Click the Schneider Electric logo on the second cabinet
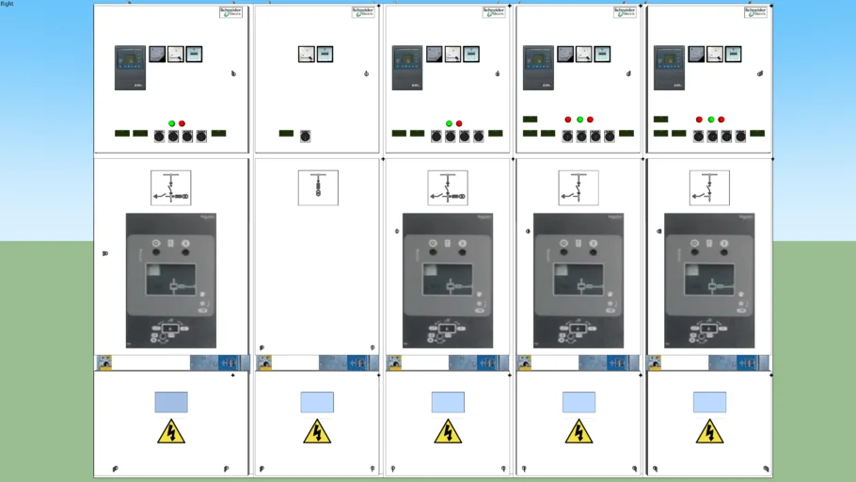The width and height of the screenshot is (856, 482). point(362,12)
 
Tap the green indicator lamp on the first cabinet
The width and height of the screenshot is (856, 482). point(171,123)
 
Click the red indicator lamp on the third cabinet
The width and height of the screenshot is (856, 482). point(459,123)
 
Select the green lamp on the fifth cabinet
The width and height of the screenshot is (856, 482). point(710,120)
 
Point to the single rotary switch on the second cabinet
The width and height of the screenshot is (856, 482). point(305,137)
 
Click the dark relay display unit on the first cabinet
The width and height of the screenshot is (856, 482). point(130,68)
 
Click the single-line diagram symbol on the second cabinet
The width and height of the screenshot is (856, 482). point(318,187)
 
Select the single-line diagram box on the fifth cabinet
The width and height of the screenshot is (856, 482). point(709,187)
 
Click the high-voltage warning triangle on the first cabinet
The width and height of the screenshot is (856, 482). point(171,432)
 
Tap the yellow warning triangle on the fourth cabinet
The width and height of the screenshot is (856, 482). point(579,432)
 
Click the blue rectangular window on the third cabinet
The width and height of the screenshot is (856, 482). point(448,402)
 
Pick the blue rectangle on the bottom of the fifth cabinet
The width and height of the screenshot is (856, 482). point(709,402)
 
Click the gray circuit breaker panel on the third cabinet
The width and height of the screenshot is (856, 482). point(448,281)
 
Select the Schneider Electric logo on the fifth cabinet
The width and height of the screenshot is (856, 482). point(755,12)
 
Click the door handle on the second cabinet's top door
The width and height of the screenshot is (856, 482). point(366,73)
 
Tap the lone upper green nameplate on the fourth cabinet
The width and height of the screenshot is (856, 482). point(530,120)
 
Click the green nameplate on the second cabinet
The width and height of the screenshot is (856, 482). point(286,134)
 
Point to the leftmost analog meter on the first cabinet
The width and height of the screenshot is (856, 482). point(157,55)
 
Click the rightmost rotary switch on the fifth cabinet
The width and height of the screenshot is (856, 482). point(739,137)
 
